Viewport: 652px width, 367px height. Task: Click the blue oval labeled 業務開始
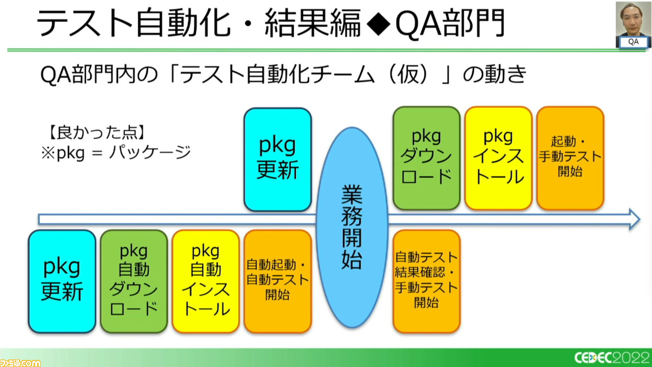pyautogui.click(x=352, y=227)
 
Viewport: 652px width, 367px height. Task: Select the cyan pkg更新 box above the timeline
pyautogui.click(x=278, y=160)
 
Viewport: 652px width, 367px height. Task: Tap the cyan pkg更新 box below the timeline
pyautogui.click(x=62, y=281)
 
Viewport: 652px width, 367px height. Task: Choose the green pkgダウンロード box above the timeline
pyautogui.click(x=426, y=158)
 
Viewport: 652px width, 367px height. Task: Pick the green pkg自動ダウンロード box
pyautogui.click(x=134, y=281)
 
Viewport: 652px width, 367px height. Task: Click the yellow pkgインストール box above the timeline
pyautogui.click(x=498, y=158)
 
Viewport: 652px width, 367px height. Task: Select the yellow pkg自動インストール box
pyautogui.click(x=206, y=281)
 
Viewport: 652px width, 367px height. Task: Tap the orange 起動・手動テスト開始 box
pyautogui.click(x=570, y=158)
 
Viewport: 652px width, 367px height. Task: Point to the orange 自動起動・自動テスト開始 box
pyautogui.click(x=278, y=281)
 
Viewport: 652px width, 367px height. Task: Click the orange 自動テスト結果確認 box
pyautogui.click(x=426, y=281)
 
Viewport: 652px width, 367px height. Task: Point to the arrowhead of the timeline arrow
pyautogui.click(x=639, y=219)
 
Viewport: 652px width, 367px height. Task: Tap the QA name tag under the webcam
pyautogui.click(x=633, y=42)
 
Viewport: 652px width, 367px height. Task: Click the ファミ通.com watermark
pyautogui.click(x=20, y=362)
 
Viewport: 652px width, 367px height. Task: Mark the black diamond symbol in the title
pyautogui.click(x=378, y=23)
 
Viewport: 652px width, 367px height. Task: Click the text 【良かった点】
pyautogui.click(x=97, y=133)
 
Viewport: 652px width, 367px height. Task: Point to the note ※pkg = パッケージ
pyautogui.click(x=116, y=153)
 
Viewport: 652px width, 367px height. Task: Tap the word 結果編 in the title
pyautogui.click(x=313, y=23)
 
